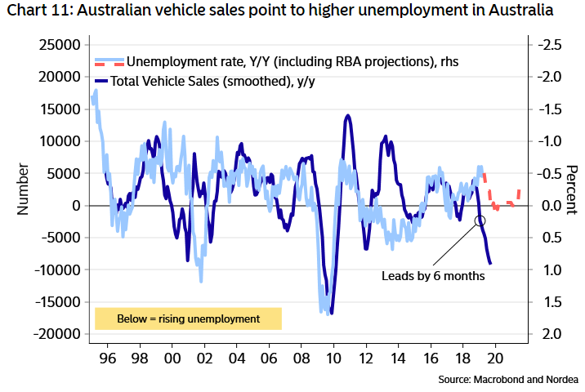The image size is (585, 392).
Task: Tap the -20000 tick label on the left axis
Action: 59,334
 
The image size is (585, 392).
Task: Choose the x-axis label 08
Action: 301,359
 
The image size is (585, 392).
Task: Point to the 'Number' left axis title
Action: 23,189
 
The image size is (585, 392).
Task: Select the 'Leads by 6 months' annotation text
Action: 433,276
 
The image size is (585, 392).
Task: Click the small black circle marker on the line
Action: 480,220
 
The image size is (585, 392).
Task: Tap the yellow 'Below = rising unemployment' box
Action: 188,318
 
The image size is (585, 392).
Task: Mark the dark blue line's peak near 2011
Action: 348,116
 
